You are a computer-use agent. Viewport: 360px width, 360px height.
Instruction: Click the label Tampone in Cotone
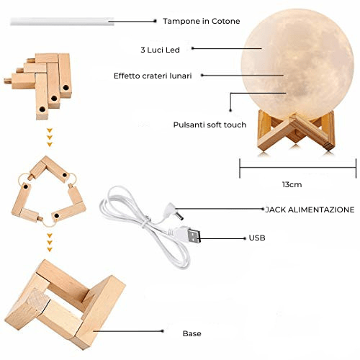202,21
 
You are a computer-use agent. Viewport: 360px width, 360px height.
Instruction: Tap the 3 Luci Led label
160,50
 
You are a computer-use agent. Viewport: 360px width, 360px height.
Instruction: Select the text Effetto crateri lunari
153,76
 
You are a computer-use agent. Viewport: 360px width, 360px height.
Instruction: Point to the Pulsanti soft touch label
210,125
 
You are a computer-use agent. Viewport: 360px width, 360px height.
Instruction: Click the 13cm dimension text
292,184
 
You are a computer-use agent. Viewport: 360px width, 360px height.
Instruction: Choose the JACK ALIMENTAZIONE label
310,210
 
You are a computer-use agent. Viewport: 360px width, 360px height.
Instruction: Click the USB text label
257,238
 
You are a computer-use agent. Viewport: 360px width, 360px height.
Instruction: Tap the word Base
192,333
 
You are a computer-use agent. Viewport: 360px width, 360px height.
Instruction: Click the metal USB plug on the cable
194,235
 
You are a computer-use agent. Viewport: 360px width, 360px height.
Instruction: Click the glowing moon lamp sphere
297,64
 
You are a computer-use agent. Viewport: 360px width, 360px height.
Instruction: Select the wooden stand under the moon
296,131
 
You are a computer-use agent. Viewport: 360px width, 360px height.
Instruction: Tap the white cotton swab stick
62,22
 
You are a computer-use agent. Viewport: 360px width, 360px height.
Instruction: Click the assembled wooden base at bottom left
65,305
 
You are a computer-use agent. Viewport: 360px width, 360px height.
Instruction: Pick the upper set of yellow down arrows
50,138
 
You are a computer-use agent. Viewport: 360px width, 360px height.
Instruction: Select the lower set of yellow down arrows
50,242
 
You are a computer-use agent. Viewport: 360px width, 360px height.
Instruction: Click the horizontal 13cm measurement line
298,167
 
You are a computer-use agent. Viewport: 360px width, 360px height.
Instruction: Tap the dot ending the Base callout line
163,331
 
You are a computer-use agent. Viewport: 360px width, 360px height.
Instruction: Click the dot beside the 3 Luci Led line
192,48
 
